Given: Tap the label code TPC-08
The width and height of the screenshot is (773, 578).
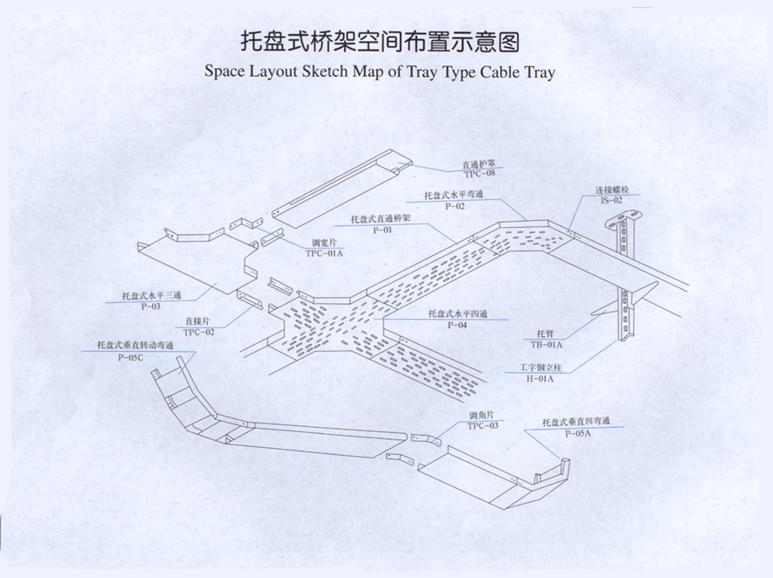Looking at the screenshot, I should pos(479,173).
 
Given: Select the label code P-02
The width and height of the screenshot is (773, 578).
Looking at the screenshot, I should pos(454,206).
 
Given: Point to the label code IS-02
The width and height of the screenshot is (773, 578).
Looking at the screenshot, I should pos(611,200).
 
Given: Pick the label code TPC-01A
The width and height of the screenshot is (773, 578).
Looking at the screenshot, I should pos(325,253).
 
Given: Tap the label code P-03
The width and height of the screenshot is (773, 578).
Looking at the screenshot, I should pos(150,306).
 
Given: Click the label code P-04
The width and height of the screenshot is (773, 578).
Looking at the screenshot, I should pos(458,325).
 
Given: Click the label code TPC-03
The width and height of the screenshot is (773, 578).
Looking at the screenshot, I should pos(482,425).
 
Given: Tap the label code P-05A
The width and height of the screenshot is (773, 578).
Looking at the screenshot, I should pos(577,432).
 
